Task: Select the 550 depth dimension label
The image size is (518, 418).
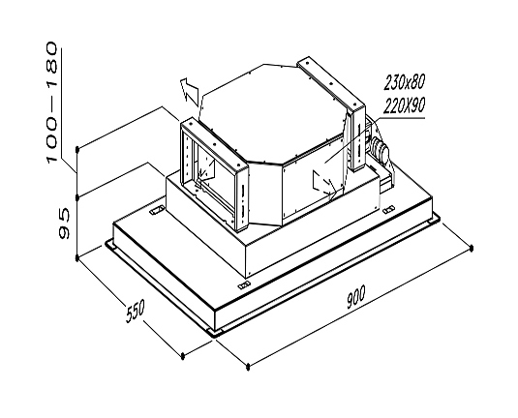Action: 136,311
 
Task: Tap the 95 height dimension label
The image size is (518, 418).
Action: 64,224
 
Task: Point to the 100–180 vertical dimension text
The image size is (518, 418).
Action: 52,102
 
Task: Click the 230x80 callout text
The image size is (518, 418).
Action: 404,82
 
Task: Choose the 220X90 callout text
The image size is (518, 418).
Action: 404,105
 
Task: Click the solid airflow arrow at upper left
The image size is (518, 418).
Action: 191,92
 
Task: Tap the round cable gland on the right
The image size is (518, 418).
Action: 380,149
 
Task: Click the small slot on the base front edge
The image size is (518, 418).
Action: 243,284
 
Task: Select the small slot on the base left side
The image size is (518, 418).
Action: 157,210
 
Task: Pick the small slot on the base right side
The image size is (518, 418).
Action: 388,209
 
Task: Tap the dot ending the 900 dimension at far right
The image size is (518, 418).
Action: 472,248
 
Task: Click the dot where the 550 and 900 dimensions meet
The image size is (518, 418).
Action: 248,366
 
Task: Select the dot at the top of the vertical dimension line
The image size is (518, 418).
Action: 77,150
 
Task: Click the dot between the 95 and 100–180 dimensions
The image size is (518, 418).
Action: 77,197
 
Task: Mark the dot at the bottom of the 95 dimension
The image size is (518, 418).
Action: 77,257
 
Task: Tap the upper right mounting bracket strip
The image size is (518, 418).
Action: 331,83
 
